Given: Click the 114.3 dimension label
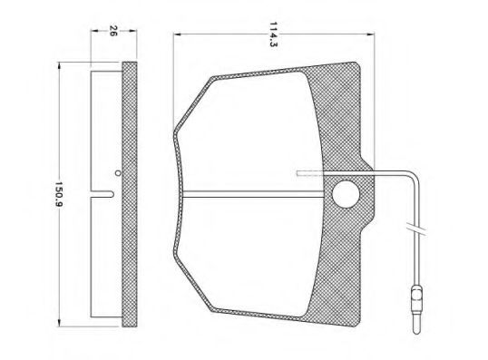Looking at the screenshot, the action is (273, 34).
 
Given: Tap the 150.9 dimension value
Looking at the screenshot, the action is (59, 195).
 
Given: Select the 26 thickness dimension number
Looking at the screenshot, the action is (112, 31).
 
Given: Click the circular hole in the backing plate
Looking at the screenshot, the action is (346, 194).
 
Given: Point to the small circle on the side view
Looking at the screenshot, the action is (117, 172).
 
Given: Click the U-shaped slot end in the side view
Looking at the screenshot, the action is (112, 194).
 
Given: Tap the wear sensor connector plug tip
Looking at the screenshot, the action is (416, 329).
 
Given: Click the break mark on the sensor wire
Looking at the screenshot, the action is (416, 229).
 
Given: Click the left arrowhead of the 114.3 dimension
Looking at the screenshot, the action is (177, 34).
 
